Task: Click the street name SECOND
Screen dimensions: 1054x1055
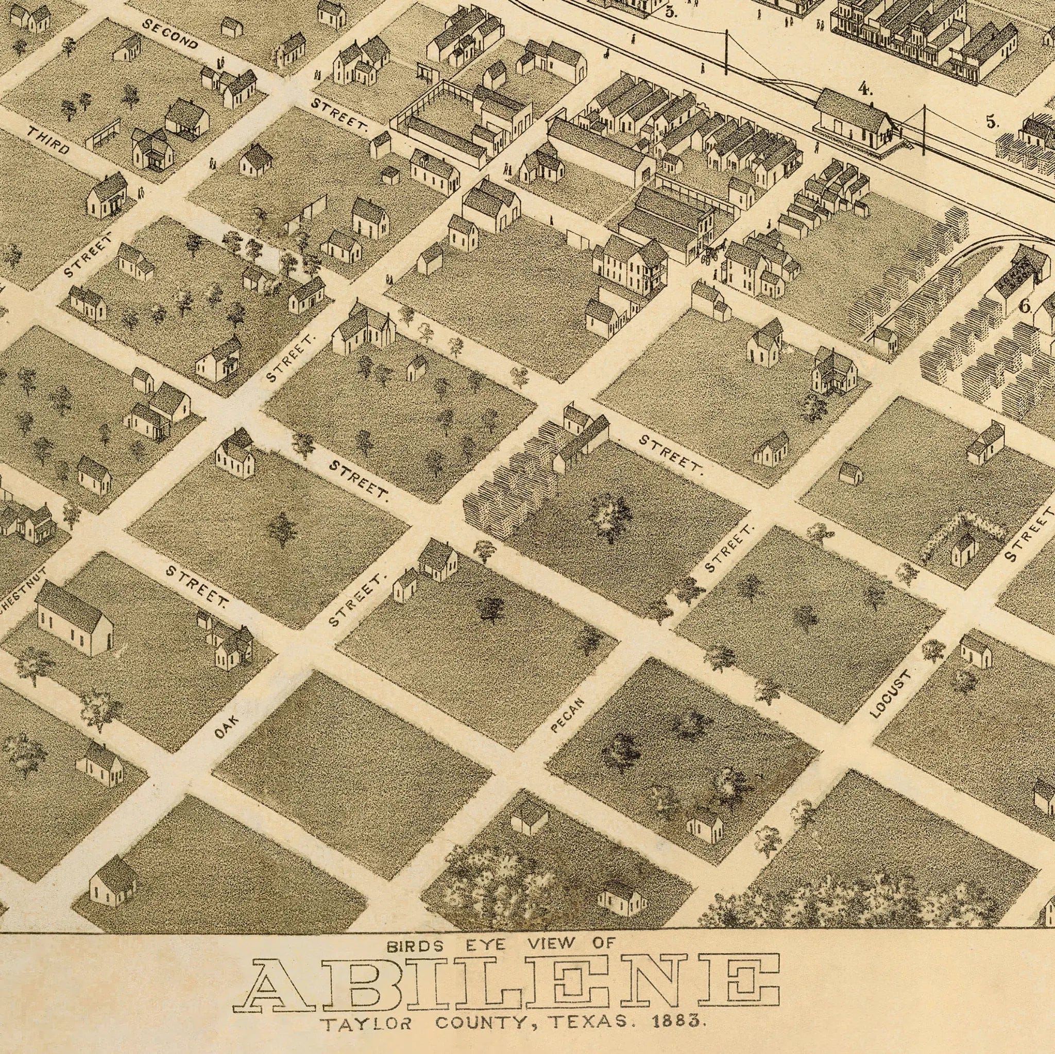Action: click(170, 34)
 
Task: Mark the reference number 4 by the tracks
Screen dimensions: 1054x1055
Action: click(864, 89)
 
